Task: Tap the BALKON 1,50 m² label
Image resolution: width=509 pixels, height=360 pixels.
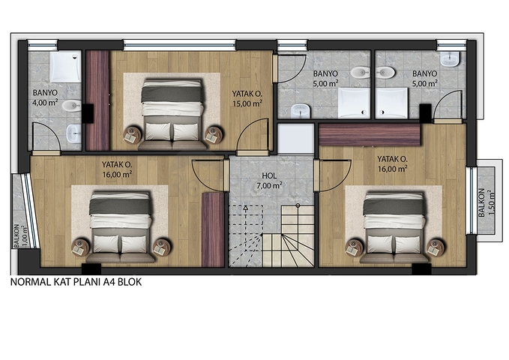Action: (486, 202)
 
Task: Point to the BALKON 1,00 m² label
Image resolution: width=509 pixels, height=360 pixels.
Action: (20, 236)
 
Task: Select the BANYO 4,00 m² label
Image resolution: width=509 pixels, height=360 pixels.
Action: (45, 98)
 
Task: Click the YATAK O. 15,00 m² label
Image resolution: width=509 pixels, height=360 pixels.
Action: (247, 99)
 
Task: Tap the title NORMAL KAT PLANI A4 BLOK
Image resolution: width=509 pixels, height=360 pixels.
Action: (76, 282)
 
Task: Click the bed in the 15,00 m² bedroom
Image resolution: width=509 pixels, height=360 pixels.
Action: (172, 115)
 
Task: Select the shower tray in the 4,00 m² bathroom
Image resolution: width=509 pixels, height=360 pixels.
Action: (65, 66)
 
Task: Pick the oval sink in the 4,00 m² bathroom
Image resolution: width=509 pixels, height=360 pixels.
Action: (71, 105)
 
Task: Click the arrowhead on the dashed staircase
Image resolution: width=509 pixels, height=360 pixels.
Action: (246, 207)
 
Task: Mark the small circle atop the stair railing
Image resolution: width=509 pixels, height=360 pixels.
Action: (298, 205)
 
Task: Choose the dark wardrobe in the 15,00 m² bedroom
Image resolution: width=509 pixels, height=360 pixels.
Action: (97, 100)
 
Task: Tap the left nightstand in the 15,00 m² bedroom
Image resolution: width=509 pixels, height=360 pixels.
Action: (132, 134)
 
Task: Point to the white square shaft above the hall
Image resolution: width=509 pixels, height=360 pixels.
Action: (295, 139)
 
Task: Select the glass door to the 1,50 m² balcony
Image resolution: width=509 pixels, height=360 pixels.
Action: (470, 200)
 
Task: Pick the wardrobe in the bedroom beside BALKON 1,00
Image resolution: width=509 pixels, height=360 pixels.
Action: (213, 229)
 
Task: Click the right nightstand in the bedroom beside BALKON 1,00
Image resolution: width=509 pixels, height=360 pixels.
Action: (161, 247)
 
